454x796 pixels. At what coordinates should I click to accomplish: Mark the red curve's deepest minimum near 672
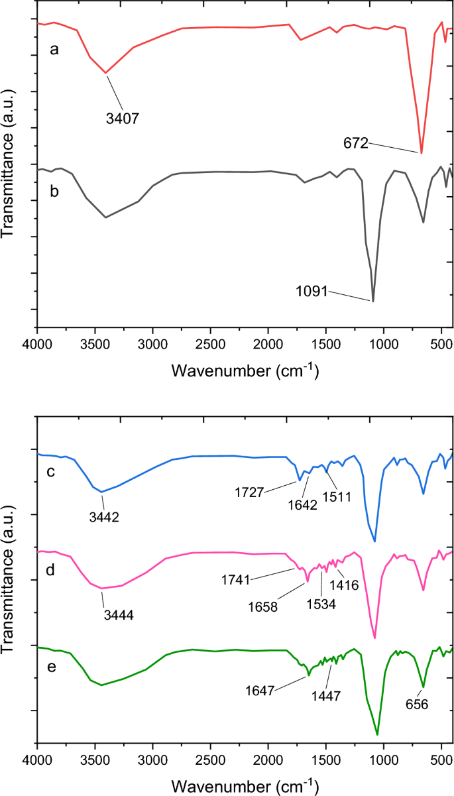[x=422, y=153]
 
